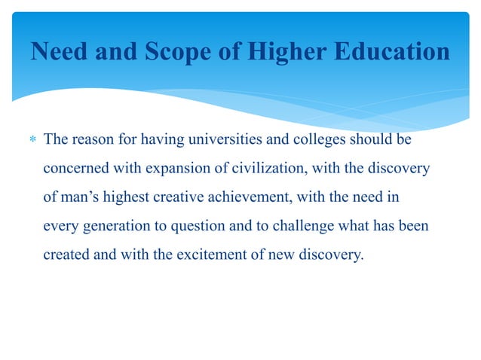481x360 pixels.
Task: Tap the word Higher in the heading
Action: click(288, 53)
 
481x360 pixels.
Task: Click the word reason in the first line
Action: click(93, 140)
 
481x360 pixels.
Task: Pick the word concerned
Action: click(74, 169)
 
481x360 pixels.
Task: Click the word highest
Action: click(130, 197)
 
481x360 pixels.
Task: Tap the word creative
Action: click(185, 197)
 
